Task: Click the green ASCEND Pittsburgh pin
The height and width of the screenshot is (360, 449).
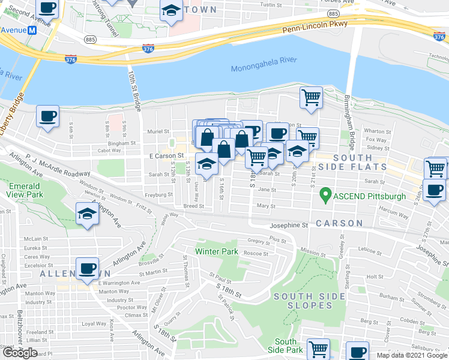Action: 325,194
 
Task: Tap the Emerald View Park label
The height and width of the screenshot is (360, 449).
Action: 25,191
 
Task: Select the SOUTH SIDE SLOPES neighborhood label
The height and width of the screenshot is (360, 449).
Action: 303,301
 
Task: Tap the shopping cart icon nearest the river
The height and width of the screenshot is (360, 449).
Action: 311,97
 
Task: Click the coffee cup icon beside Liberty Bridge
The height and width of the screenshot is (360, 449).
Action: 47,116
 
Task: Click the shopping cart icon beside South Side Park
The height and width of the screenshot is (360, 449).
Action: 318,349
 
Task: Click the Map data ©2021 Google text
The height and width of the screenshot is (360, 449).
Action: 411,355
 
